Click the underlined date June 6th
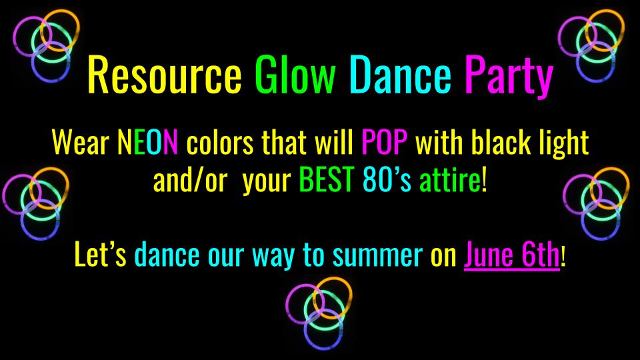pyautogui.click(x=511, y=256)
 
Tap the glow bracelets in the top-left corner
pyautogui.click(x=44, y=44)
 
